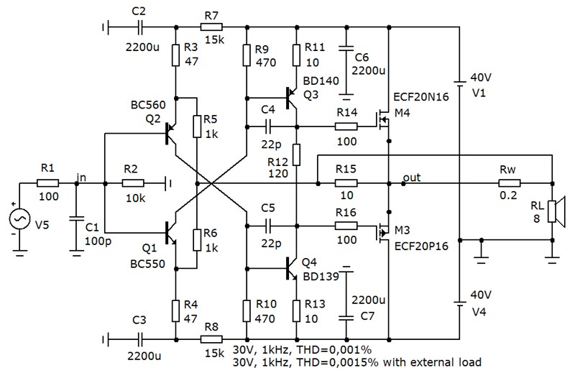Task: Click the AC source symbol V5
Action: click(x=20, y=218)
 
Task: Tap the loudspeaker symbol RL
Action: click(x=555, y=211)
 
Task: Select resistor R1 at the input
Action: click(x=48, y=183)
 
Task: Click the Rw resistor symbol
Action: click(x=509, y=183)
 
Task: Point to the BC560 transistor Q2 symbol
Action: click(x=170, y=134)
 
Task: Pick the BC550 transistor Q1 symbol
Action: click(x=170, y=233)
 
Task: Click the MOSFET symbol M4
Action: click(x=382, y=119)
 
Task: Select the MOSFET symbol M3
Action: click(x=382, y=233)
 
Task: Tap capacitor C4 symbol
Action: click(x=267, y=127)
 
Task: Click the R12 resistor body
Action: click(x=297, y=155)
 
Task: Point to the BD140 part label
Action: click(x=321, y=80)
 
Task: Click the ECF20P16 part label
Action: click(x=421, y=246)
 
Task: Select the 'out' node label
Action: click(x=412, y=178)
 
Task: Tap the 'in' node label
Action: click(x=81, y=177)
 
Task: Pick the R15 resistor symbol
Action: click(x=346, y=183)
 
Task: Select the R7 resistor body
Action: click(x=211, y=27)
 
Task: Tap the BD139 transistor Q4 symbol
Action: click(x=292, y=269)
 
